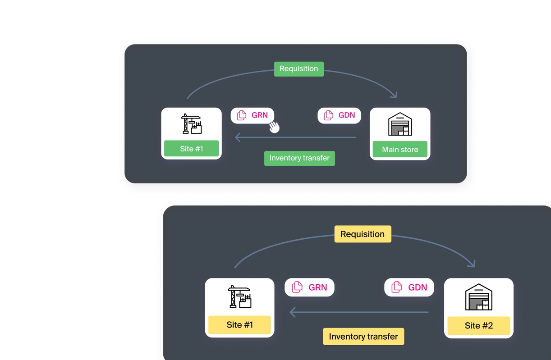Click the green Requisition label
pyautogui.click(x=298, y=69)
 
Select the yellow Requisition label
pyautogui.click(x=363, y=234)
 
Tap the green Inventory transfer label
pyautogui.click(x=299, y=158)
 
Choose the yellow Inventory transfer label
pyautogui.click(x=363, y=337)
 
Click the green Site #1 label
pyautogui.click(x=191, y=149)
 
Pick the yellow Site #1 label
pyautogui.click(x=239, y=325)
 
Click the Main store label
pyautogui.click(x=400, y=150)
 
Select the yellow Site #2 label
pyautogui.click(x=478, y=326)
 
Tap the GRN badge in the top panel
pyautogui.click(x=253, y=115)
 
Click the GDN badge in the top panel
pyautogui.click(x=340, y=115)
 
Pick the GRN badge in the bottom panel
pyautogui.click(x=309, y=287)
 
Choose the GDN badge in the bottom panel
pyautogui.click(x=409, y=287)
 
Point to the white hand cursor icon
pyautogui.click(x=274, y=128)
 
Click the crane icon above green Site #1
pyautogui.click(x=191, y=124)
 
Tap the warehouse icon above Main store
pyautogui.click(x=400, y=124)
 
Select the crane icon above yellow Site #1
pyautogui.click(x=239, y=296)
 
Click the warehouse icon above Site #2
pyautogui.click(x=478, y=297)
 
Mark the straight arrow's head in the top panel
pyautogui.click(x=237, y=137)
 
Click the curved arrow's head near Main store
pyautogui.click(x=395, y=95)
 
